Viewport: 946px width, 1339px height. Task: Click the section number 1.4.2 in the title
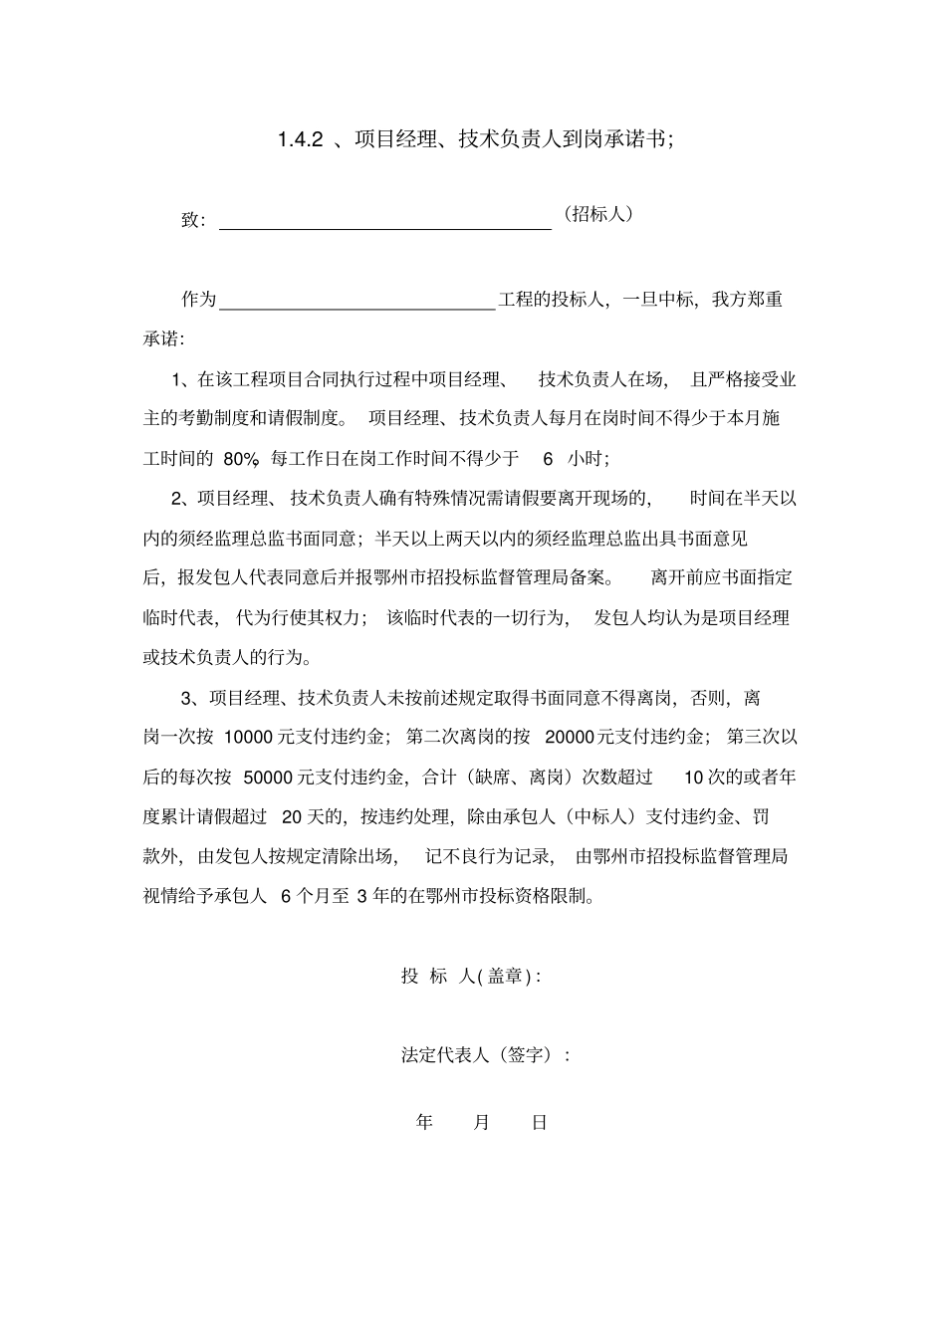(x=301, y=139)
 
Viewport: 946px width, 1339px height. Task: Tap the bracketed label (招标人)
(x=597, y=214)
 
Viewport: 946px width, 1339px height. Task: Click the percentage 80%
(x=242, y=458)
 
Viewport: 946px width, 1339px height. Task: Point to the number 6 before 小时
(x=547, y=458)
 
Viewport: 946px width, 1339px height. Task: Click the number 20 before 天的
(x=292, y=816)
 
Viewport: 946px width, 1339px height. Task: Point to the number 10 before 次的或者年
(x=694, y=777)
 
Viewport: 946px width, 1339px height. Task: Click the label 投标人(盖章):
(x=471, y=976)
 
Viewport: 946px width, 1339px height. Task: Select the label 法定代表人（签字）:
(x=485, y=1054)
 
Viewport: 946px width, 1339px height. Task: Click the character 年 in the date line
(x=425, y=1123)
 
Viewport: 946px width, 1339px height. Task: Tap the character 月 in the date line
(x=482, y=1123)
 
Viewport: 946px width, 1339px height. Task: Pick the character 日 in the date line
(x=539, y=1123)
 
